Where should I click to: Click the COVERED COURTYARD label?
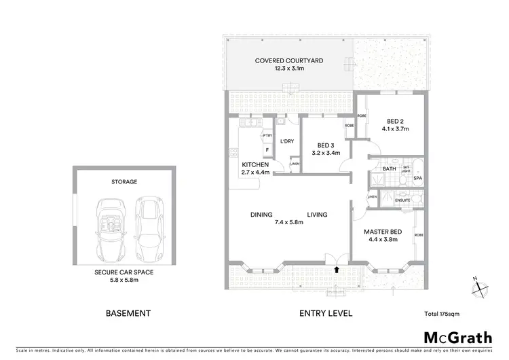pos(289,60)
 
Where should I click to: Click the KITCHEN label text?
pos(256,165)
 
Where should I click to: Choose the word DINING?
pos(261,215)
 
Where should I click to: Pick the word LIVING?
pos(316,215)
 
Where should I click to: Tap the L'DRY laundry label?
pos(286,141)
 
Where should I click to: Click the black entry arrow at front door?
pos(337,270)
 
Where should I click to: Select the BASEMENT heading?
pos(128,314)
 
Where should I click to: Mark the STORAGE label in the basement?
pos(124,182)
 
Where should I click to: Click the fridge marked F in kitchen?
pos(267,149)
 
